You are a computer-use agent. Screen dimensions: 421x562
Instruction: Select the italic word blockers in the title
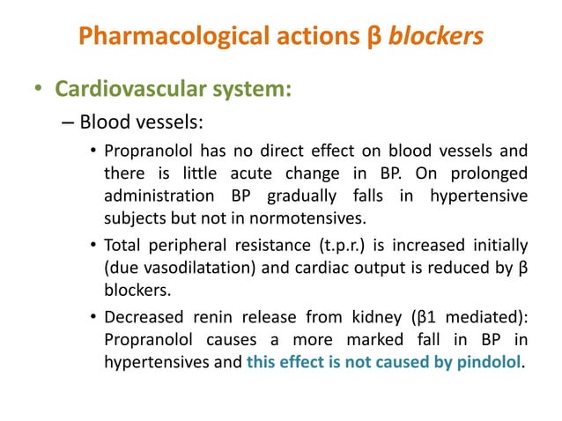click(x=437, y=37)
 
